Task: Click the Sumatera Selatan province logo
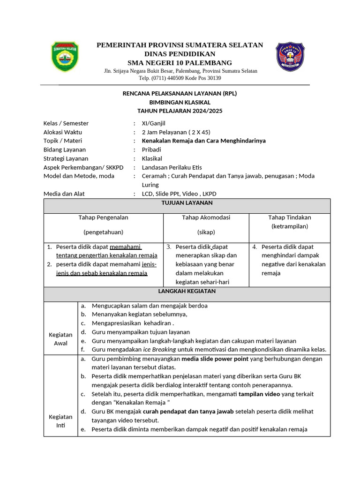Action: tap(65, 57)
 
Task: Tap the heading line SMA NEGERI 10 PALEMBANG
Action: tap(180, 63)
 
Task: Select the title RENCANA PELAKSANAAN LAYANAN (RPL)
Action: tap(180, 93)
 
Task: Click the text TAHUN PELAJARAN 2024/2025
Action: tap(180, 111)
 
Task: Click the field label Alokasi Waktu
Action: tap(62, 132)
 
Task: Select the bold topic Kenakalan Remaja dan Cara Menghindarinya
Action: tap(203, 141)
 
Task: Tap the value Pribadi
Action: tap(152, 150)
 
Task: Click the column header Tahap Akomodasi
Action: tap(206, 217)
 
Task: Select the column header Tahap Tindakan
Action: tap(289, 217)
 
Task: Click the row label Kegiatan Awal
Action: tap(60, 339)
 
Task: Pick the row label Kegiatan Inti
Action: tap(60, 421)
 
